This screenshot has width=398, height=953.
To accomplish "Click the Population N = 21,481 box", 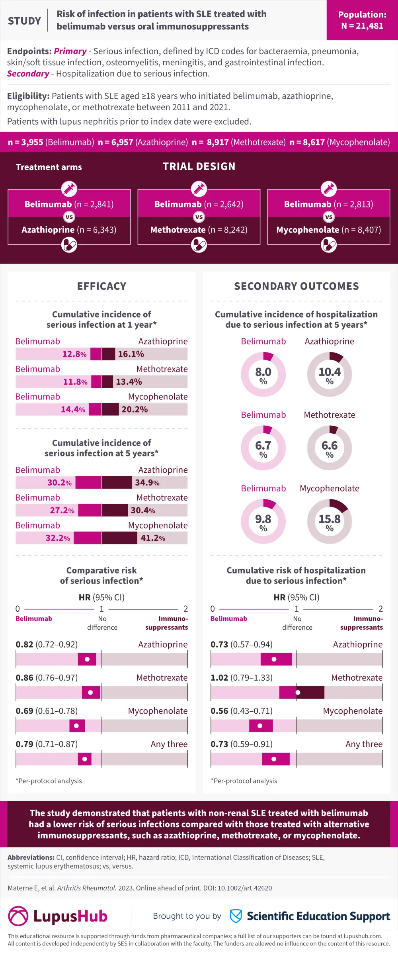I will (x=362, y=20).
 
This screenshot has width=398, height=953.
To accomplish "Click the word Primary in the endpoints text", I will (x=70, y=51).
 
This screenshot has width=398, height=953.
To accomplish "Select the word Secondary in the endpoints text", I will (x=28, y=74).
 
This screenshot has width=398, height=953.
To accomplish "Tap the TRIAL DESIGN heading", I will (x=199, y=166).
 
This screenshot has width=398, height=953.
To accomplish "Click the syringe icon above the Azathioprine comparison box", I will (x=69, y=189).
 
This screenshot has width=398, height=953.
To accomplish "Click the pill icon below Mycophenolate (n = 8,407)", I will (x=329, y=245).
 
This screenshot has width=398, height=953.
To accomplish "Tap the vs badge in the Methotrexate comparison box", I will (x=199, y=217).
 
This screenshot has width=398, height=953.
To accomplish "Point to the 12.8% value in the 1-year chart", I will (x=74, y=354).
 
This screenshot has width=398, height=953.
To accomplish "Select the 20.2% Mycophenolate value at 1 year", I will (x=135, y=409).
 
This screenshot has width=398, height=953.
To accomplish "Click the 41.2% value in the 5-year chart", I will (x=153, y=538).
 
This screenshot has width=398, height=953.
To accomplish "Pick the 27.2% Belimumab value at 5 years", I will (x=62, y=511).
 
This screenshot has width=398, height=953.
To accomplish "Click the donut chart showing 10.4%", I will (x=330, y=374).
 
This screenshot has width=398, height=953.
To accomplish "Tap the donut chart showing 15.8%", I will (x=330, y=521).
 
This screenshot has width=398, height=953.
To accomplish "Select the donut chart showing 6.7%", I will (x=263, y=448).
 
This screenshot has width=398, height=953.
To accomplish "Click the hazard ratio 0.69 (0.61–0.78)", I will (x=47, y=711).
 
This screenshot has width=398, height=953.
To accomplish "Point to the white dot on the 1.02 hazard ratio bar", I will (x=298, y=693).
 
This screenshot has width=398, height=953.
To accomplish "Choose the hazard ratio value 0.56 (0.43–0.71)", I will (x=242, y=711).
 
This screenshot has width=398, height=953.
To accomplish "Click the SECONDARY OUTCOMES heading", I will (x=297, y=286).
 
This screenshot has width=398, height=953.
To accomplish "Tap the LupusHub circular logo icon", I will (x=18, y=916).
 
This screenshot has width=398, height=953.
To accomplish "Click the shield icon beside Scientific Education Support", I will (x=236, y=916).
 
